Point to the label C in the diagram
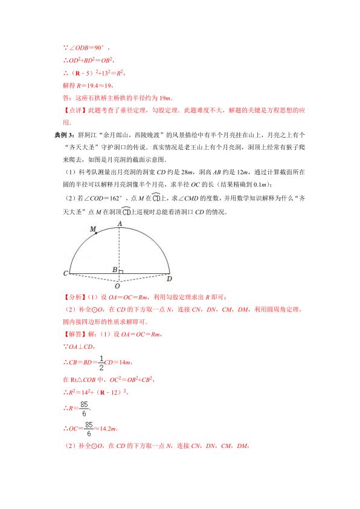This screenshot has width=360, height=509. point(65,274)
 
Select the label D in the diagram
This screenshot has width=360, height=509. point(170,279)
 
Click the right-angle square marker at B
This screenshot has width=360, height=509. point(121,272)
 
